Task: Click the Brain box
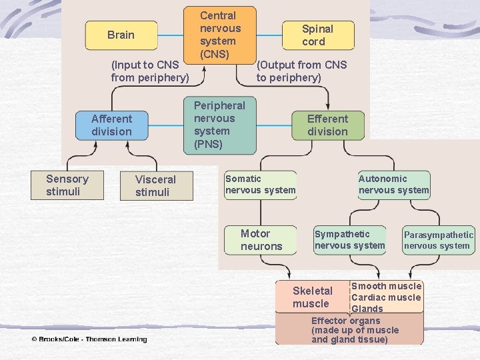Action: [x=121, y=35]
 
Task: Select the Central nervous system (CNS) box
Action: [x=220, y=34]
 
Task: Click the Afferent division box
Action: [x=111, y=125]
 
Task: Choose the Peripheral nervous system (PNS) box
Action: [x=219, y=125]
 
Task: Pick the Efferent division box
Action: [x=327, y=125]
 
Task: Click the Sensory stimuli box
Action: [x=67, y=185]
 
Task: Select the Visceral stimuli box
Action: [x=155, y=186]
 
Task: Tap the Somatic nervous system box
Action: [x=260, y=185]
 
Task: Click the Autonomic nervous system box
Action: [x=393, y=185]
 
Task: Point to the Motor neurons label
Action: [x=261, y=240]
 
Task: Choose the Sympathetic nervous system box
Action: [x=350, y=239]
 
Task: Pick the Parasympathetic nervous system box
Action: [x=438, y=240]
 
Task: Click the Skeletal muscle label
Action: [x=312, y=297]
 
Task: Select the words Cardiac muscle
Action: [x=386, y=297]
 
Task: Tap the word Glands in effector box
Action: [x=367, y=309]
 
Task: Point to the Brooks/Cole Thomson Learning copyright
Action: [x=89, y=339]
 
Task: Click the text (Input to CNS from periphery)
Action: [x=150, y=71]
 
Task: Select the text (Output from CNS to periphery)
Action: [x=302, y=71]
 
